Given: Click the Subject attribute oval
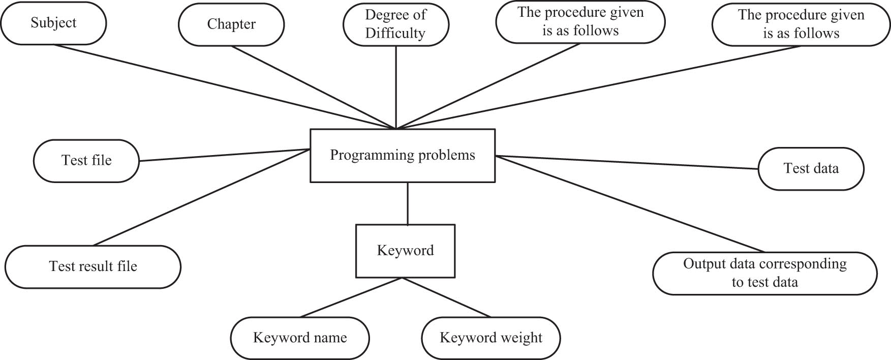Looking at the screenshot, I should (x=53, y=23).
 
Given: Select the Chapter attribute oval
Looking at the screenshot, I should (x=231, y=24).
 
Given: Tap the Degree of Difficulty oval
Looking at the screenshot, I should (x=395, y=24).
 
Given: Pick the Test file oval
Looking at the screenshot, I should (x=86, y=161).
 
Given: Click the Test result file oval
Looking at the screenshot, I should (x=93, y=266).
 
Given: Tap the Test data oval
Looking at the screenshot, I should (x=811, y=169).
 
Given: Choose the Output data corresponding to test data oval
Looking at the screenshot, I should (x=764, y=273).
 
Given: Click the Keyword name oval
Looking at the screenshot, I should (x=300, y=338).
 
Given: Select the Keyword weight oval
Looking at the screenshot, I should (x=490, y=338).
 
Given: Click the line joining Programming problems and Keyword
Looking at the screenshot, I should (x=408, y=203).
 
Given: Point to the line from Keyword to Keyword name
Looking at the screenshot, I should (x=351, y=298).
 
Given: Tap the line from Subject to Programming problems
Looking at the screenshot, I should (x=224, y=86).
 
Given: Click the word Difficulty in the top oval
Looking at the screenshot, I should (x=395, y=33).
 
